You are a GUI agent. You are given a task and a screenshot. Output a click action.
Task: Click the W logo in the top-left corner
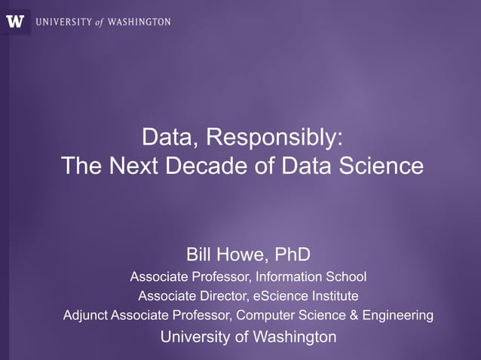15,21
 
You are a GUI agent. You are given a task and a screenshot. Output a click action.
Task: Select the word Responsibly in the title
274,138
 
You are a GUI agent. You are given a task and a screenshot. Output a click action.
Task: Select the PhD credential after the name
292,252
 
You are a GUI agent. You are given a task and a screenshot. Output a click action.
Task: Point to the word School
345,276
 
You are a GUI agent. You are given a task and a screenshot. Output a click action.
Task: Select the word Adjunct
85,315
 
